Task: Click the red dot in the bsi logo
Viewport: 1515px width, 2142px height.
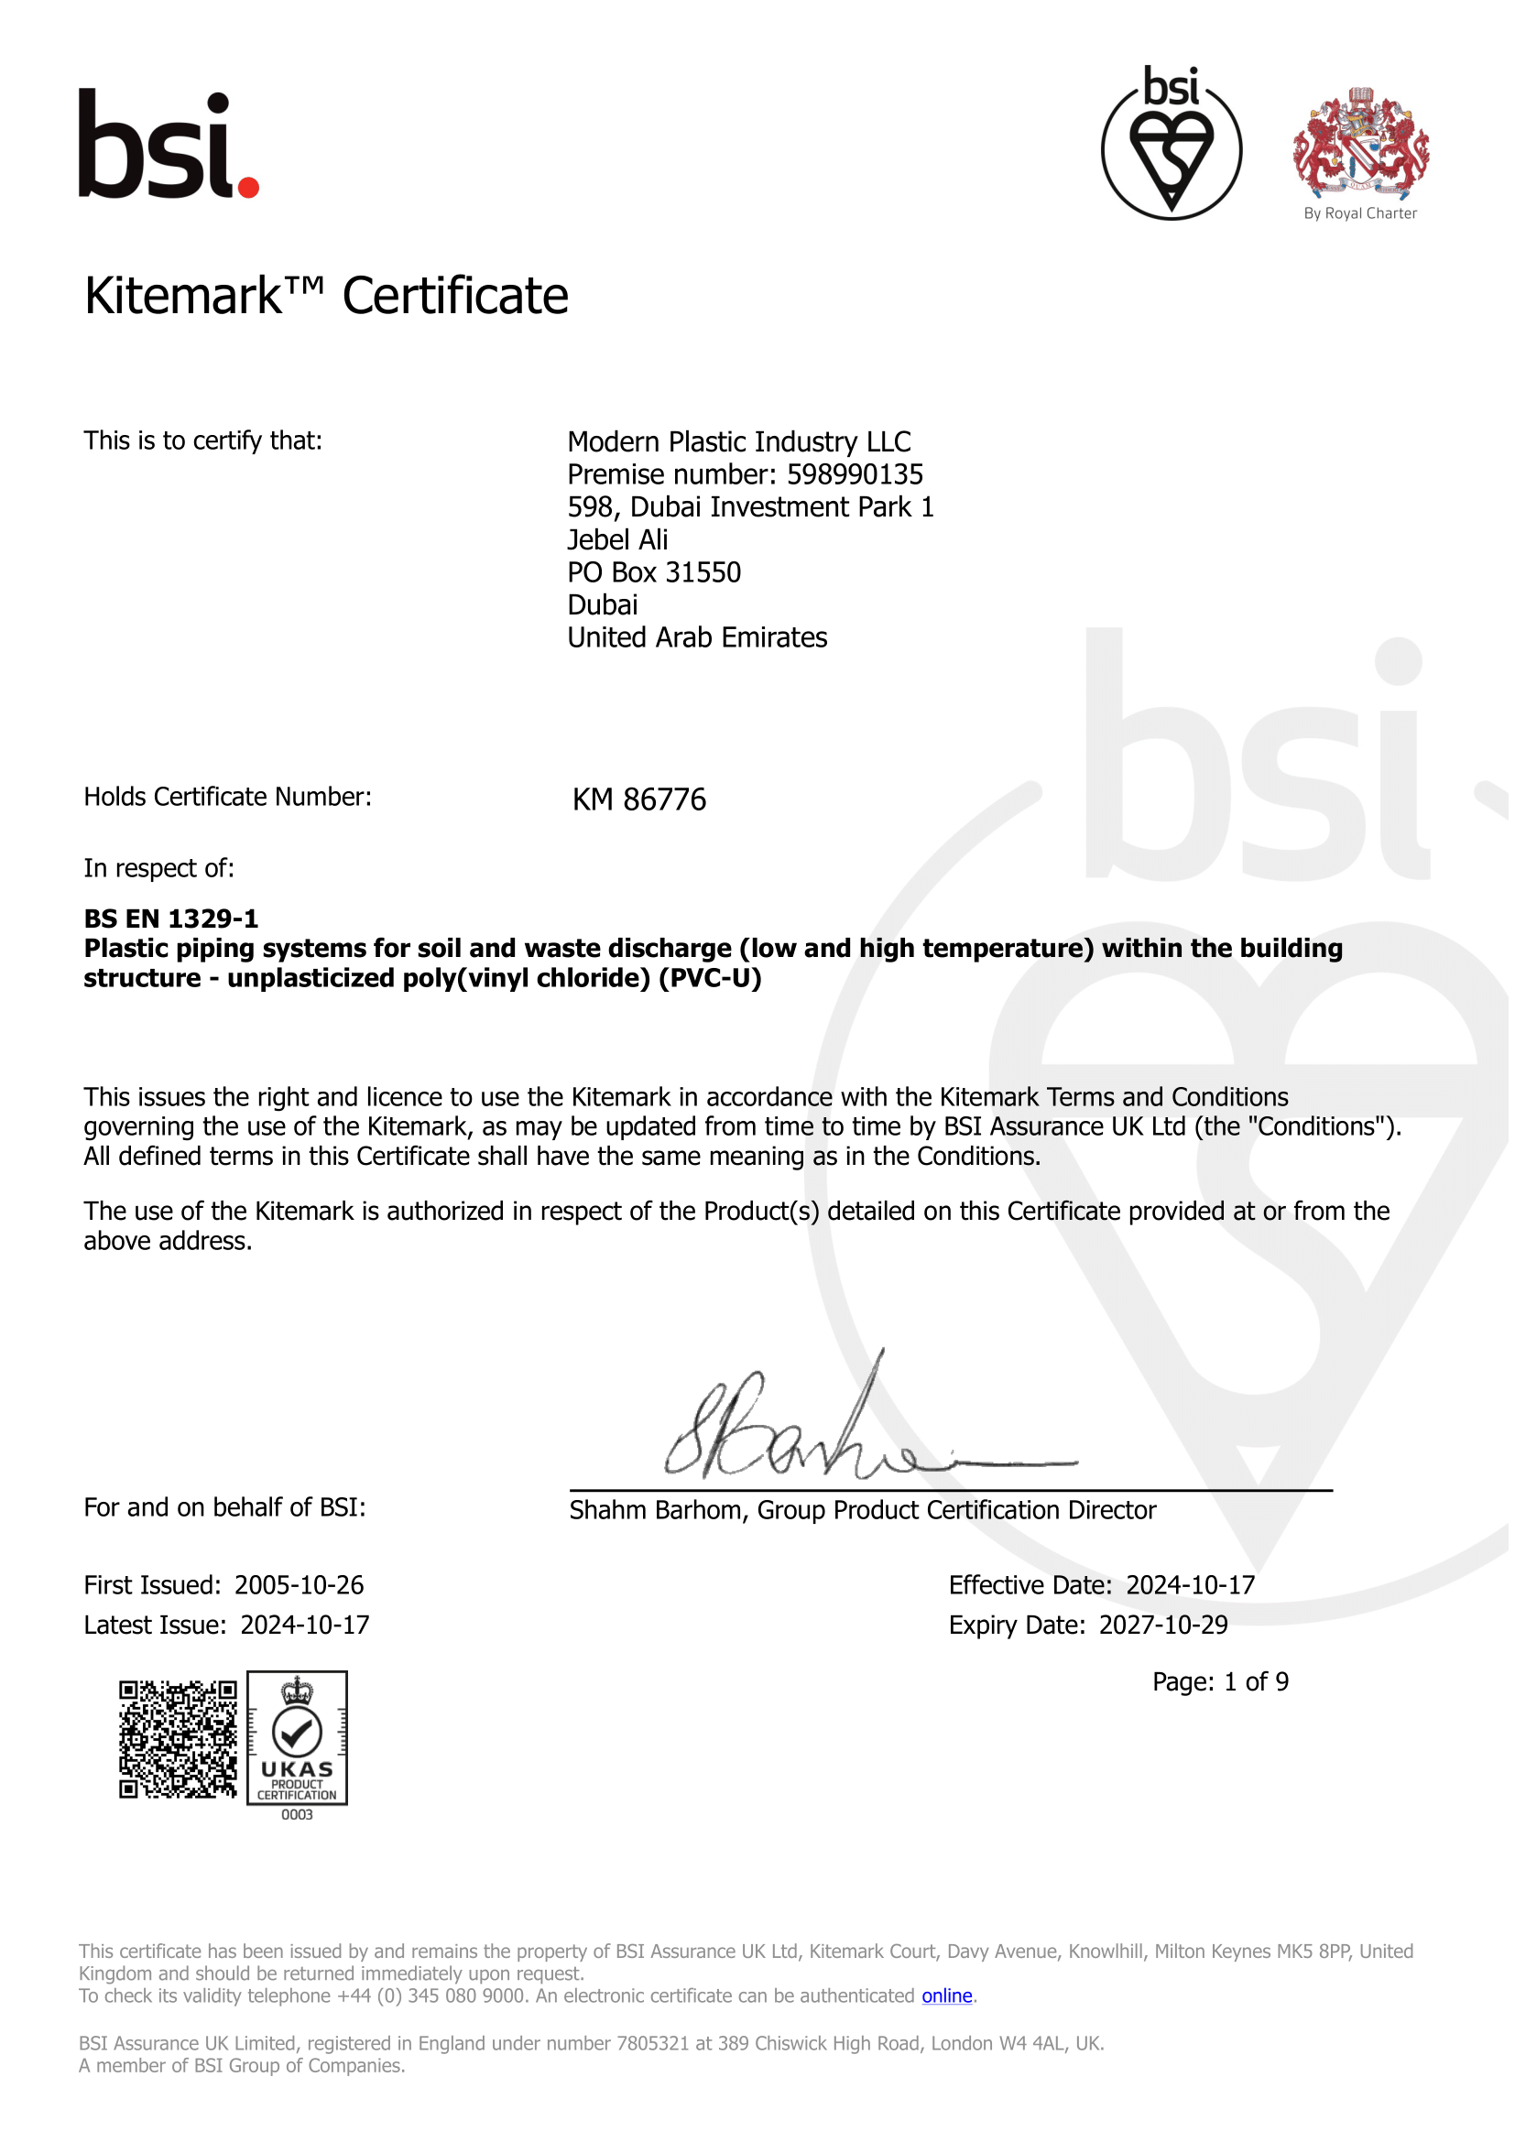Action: point(248,187)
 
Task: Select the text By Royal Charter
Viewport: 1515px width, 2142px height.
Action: point(1360,213)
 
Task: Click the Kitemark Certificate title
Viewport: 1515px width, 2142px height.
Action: point(326,297)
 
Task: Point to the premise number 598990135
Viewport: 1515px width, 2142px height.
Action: point(855,475)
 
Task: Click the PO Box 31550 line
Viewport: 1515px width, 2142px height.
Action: point(654,572)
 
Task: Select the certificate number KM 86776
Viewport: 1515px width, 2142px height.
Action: point(639,800)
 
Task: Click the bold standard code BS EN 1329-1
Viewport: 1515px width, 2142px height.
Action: point(170,919)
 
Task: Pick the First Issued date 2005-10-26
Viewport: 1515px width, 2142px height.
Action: point(299,1585)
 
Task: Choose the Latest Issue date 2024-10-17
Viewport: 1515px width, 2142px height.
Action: point(304,1626)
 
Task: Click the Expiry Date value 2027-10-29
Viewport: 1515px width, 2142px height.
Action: point(1163,1626)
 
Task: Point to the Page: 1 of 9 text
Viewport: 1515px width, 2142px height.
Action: point(1220,1682)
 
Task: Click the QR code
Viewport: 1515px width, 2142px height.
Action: point(178,1740)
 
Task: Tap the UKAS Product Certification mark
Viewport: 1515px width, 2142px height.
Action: point(297,1738)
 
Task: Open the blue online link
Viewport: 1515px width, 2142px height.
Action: point(947,1995)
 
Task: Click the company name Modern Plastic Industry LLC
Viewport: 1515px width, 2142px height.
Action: point(739,442)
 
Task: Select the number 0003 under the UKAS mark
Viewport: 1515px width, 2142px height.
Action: point(297,1814)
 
